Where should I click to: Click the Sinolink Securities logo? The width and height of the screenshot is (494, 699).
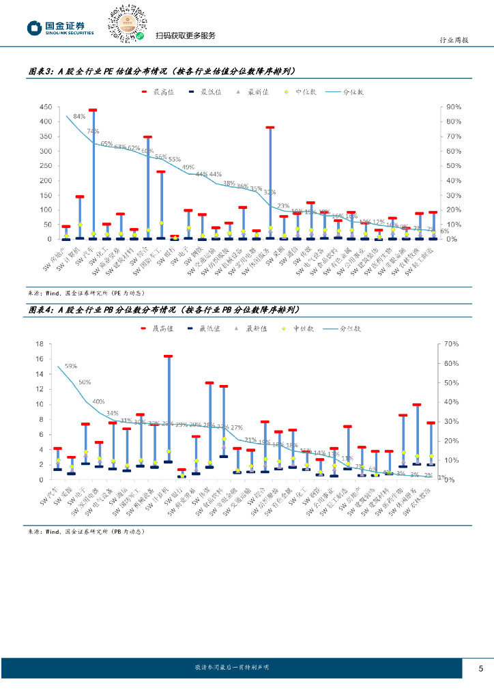pyautogui.click(x=60, y=27)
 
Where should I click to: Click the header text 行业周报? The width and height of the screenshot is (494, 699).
pyautogui.click(x=453, y=41)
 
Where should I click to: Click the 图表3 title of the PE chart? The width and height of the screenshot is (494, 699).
pyautogui.click(x=162, y=71)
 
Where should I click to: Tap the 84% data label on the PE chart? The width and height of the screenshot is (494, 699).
pyautogui.click(x=79, y=116)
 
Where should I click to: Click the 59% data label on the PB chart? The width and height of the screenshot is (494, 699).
pyautogui.click(x=71, y=366)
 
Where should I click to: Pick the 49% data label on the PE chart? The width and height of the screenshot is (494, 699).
pyautogui.click(x=188, y=167)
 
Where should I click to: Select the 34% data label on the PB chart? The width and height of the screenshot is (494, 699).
pyautogui.click(x=113, y=414)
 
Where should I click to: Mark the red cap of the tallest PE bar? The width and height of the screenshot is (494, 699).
pyautogui.click(x=93, y=110)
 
